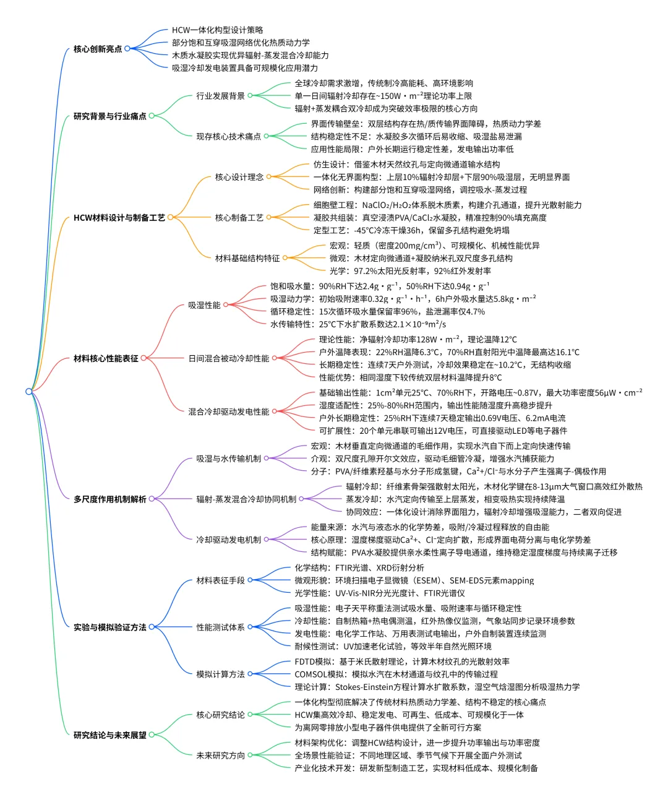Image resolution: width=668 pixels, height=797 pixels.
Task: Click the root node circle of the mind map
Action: pos(28,391)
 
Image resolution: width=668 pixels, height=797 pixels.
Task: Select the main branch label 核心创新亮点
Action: pos(98,49)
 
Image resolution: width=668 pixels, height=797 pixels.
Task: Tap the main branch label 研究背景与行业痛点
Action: pos(109,116)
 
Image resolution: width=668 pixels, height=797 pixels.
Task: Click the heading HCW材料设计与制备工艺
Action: pos(119,218)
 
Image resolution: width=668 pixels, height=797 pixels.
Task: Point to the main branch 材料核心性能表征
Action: pos(105,358)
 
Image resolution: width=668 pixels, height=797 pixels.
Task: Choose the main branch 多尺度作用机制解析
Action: pos(109,499)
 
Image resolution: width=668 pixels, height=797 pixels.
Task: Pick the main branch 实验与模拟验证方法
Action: pos(109,627)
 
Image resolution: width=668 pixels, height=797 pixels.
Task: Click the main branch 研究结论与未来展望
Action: pos(109,735)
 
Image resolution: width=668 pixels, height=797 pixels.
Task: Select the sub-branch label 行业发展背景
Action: pos(220,96)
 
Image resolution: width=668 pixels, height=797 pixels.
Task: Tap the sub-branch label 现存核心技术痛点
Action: pos(228,136)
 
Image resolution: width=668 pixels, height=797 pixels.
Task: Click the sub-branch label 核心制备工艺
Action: pos(239,218)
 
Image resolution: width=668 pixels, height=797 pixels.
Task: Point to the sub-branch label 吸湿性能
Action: pos(204,305)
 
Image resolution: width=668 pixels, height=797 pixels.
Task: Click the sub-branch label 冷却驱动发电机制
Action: pos(228,540)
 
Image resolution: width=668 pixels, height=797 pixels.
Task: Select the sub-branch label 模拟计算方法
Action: pos(220,674)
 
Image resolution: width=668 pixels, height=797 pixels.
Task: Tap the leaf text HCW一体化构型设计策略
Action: pos(217,30)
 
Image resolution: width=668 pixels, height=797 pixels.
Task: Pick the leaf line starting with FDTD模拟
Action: pos(402,661)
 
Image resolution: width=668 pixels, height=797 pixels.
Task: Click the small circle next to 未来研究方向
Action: pos(250,755)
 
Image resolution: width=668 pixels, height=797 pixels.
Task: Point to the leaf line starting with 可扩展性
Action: pos(442,431)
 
